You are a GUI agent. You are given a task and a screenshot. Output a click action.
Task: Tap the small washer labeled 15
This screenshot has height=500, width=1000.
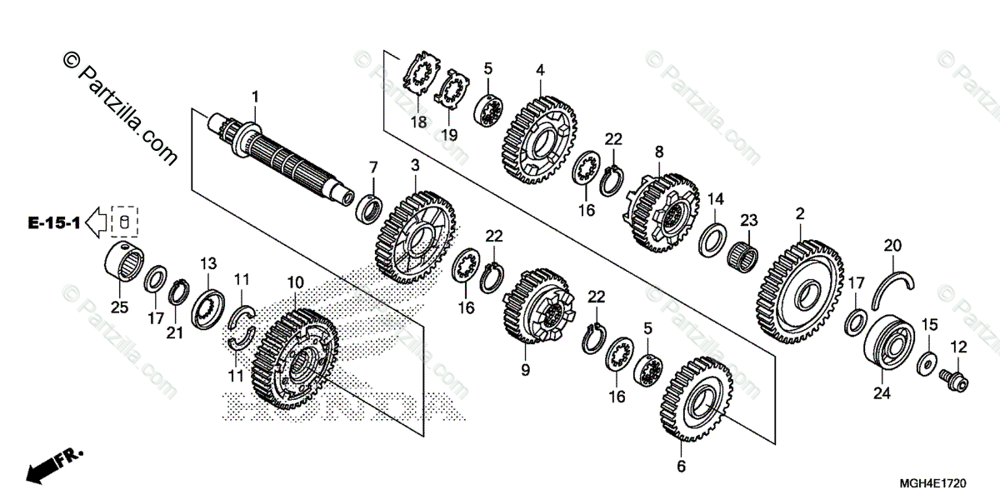point(926,362)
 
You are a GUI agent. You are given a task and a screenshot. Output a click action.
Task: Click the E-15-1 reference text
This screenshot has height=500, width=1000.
point(52,223)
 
